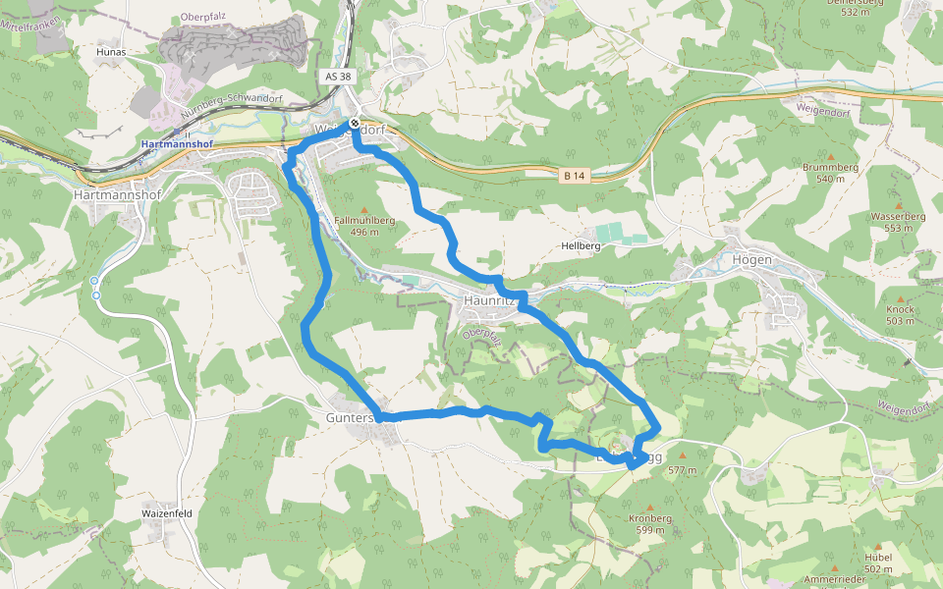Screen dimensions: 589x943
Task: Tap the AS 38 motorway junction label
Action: coord(336,76)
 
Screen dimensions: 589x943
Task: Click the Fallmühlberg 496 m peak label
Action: coord(364,227)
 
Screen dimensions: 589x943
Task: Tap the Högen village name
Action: coord(751,260)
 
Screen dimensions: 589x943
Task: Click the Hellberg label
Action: coord(581,245)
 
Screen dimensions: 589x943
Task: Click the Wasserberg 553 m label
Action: coord(898,222)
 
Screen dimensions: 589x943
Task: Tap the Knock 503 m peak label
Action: coord(900,315)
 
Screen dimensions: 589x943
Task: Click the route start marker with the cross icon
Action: coord(355,124)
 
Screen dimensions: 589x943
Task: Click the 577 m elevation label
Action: coord(682,470)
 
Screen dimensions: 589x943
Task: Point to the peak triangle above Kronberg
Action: coord(649,508)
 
